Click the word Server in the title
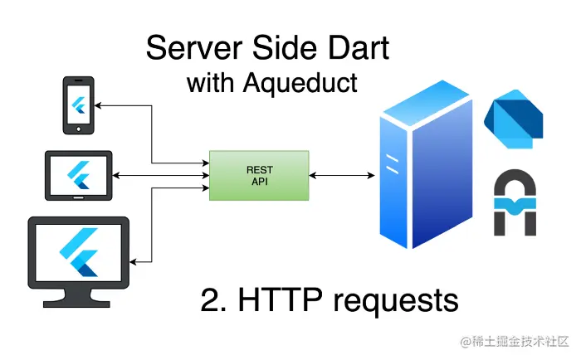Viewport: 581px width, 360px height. (x=194, y=47)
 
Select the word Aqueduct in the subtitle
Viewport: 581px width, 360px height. (x=300, y=83)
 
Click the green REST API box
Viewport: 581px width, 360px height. (x=259, y=176)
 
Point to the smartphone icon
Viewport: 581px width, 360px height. (x=79, y=105)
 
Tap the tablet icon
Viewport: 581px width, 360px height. (x=79, y=176)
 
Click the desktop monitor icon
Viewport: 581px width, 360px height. (x=79, y=262)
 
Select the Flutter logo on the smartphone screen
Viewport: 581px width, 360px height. (x=79, y=105)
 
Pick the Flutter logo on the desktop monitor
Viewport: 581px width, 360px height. (x=79, y=252)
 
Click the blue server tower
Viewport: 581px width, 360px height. (x=426, y=165)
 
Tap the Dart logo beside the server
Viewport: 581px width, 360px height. (x=514, y=119)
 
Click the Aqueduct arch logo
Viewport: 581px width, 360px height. (x=515, y=202)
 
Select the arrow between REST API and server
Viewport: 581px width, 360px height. (x=342, y=175)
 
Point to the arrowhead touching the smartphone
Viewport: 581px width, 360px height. (x=98, y=105)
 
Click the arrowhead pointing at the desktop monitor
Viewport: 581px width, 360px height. (x=133, y=262)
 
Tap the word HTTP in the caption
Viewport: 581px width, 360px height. (x=281, y=300)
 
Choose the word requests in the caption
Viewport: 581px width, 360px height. (x=396, y=302)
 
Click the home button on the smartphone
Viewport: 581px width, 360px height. (x=79, y=129)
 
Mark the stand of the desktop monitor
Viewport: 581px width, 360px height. (x=77, y=298)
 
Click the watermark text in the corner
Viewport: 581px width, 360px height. (x=515, y=341)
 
